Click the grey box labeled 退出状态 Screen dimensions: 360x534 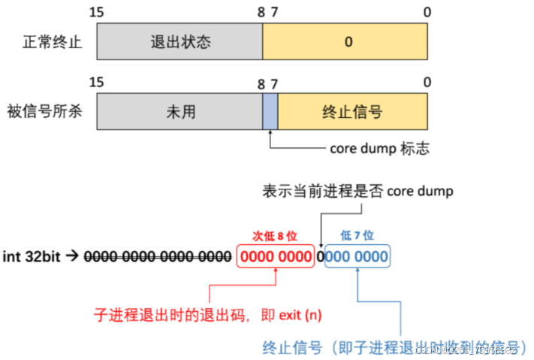point(180,42)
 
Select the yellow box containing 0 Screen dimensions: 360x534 point(345,42)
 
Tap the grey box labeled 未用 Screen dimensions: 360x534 point(180,112)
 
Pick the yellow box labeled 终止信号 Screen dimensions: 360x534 point(352,112)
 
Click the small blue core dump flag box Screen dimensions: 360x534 point(270,112)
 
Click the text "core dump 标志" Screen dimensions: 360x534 point(379,149)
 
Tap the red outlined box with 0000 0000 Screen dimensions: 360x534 point(276,256)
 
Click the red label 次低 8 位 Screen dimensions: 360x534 point(276,236)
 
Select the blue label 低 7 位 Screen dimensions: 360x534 point(357,236)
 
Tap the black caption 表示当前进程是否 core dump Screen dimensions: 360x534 point(357,191)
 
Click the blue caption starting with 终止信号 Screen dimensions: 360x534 point(391,348)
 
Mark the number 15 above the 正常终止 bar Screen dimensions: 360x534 point(95,12)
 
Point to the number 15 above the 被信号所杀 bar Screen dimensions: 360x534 point(95,82)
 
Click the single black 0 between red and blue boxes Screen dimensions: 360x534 point(319,256)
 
